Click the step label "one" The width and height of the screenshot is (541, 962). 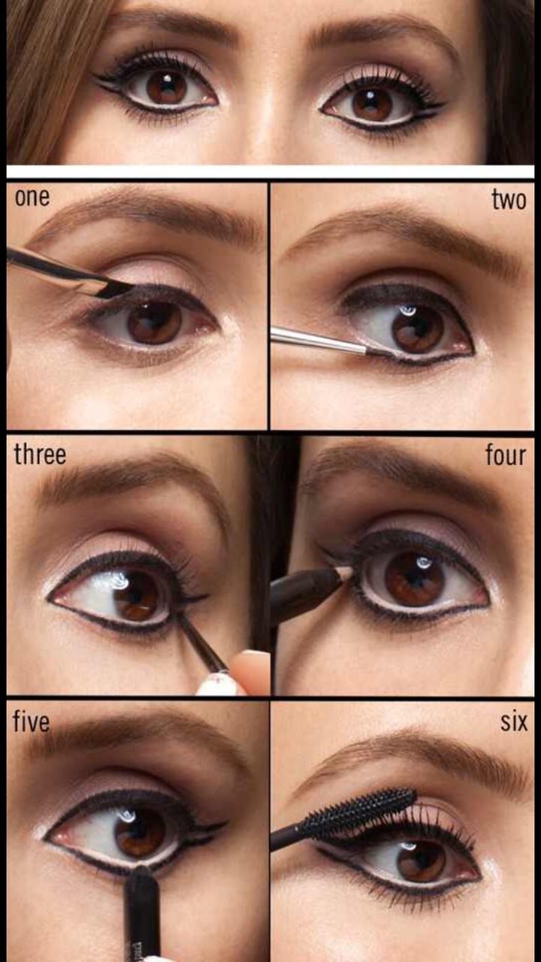[x=32, y=198]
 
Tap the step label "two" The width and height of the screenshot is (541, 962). [x=509, y=200]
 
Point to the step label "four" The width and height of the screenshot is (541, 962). [x=506, y=455]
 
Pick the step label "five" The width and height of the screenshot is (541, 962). [x=31, y=721]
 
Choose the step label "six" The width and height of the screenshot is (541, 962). [x=513, y=722]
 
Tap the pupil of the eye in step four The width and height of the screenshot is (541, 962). [x=414, y=578]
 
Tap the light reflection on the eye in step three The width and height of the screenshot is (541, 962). [x=113, y=582]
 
